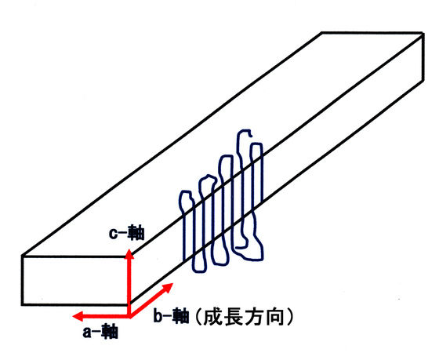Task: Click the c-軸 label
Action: (126, 234)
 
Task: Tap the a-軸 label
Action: (100, 332)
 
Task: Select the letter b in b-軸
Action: (158, 315)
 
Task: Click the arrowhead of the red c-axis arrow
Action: (129, 253)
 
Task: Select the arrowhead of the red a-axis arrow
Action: (78, 316)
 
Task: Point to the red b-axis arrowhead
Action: (168, 288)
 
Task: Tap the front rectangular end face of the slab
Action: (76, 280)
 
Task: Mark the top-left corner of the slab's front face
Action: (23, 256)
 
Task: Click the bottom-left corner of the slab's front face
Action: (23, 304)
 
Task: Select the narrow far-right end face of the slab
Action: (423, 57)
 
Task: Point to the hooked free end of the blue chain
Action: (251, 135)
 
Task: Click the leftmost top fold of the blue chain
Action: (185, 192)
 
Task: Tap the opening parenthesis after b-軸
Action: (198, 317)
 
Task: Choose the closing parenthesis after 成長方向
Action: (291, 317)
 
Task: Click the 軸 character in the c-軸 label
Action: (136, 234)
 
